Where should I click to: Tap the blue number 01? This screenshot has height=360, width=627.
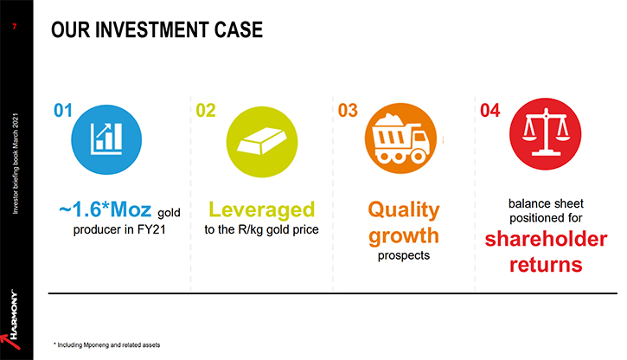(63, 111)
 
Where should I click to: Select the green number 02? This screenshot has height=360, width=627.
(206, 111)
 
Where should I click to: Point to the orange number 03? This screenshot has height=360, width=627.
(348, 111)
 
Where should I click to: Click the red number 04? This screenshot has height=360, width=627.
(489, 111)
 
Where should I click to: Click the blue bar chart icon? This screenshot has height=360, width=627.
(106, 139)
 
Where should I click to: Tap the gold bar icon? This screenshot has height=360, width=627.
(262, 142)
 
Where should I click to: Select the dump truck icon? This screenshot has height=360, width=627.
(400, 138)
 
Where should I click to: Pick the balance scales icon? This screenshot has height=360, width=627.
(546, 133)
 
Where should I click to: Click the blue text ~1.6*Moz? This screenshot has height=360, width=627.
(106, 209)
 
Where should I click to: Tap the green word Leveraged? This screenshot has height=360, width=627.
(262, 209)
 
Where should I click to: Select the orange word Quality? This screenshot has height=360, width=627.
(404, 209)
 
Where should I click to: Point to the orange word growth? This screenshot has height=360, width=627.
(404, 236)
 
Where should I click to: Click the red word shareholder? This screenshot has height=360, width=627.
(546, 239)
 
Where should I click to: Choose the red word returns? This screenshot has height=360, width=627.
(546, 265)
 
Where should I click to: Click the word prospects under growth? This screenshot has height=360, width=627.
(404, 255)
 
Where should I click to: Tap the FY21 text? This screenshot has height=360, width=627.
(151, 229)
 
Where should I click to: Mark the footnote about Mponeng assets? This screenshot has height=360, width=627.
(106, 344)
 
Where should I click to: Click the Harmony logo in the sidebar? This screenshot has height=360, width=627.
(11, 320)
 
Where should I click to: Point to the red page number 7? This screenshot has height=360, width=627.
(15, 27)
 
